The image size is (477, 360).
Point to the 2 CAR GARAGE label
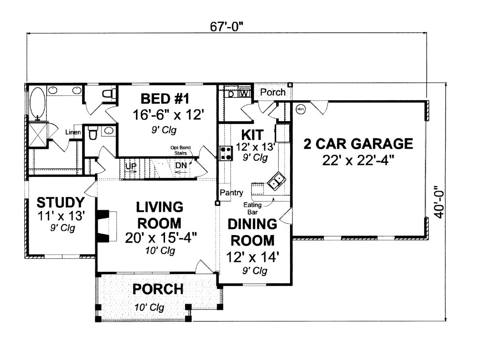(358, 144)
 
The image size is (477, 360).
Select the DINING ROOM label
(251, 231)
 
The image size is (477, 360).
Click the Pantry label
(232, 193)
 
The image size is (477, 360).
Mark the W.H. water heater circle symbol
(301, 109)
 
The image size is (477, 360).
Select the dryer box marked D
(231, 93)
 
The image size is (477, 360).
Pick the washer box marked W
(244, 93)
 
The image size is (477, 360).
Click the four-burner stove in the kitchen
(225, 153)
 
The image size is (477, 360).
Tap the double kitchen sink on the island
(276, 180)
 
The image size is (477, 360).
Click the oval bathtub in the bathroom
(37, 102)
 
